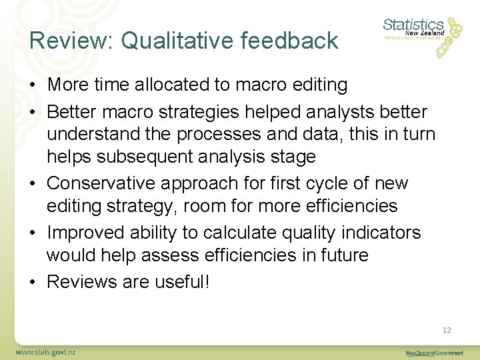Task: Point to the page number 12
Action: pos(447,329)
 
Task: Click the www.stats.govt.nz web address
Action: pos(46,351)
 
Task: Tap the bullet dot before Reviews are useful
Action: pos(33,282)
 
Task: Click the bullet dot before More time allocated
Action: pos(33,85)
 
